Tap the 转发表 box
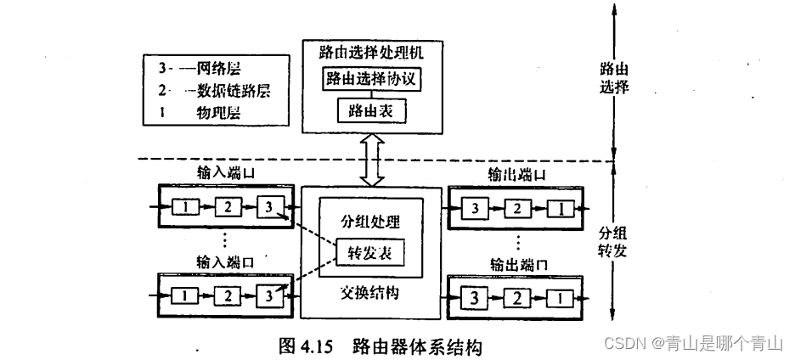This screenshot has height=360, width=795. [370, 252]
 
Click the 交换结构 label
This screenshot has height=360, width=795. [370, 293]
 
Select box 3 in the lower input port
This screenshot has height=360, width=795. [268, 295]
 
